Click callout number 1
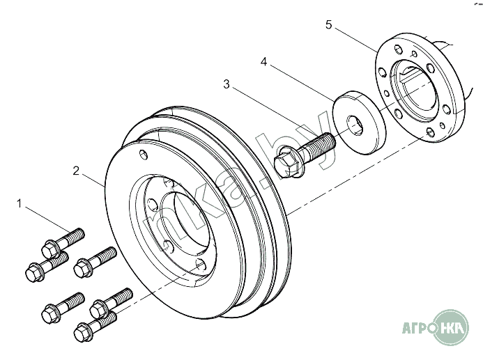[x=20, y=204]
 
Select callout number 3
[x=227, y=84]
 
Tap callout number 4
[x=264, y=62]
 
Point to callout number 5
[x=329, y=25]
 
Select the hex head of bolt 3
[x=286, y=162]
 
